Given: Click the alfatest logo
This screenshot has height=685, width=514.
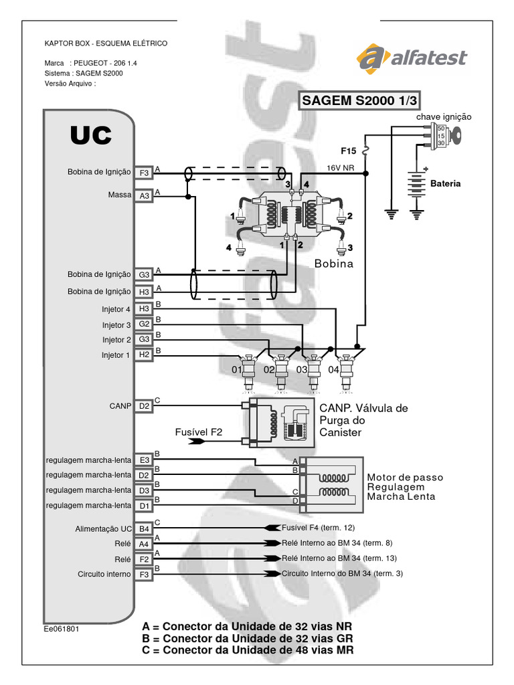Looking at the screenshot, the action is tap(412, 58).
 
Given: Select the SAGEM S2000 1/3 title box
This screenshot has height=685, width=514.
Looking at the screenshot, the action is tap(359, 100).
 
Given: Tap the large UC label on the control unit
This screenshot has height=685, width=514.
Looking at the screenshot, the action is tap(91, 135).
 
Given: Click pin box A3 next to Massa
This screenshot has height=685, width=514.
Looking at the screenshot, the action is tap(144, 196).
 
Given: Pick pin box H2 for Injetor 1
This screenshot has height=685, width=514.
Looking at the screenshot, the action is tap(144, 355).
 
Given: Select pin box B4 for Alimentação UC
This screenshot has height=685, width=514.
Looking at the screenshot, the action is tap(144, 528).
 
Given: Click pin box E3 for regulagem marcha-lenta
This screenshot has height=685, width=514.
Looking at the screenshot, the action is tap(144, 460).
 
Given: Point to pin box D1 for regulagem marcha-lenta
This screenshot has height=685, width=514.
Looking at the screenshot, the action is tap(144, 506).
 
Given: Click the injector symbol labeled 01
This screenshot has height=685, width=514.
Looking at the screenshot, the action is tap(249, 371).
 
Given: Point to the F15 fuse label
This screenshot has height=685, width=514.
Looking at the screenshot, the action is tap(348, 151).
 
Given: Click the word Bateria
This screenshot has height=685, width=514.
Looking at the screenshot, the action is tap(445, 183).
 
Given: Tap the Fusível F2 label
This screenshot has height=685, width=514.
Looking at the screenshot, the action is tap(198, 432).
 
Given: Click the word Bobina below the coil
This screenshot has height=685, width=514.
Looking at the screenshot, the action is tap(334, 264).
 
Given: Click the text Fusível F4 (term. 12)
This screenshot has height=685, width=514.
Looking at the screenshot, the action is tap(318, 528).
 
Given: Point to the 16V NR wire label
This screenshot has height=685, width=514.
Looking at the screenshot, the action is tap(341, 168).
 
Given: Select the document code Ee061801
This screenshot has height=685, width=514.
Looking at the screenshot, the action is tap(61, 629).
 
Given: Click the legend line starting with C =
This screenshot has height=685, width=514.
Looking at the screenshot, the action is tap(248, 650).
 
